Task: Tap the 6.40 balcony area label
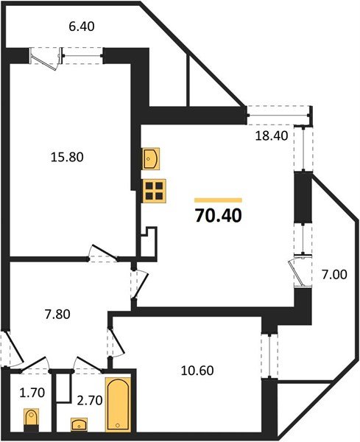click(82, 27)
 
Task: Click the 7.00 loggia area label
click(334, 276)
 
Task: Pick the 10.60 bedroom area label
click(195, 371)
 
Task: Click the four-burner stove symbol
click(154, 191)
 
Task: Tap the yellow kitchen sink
click(152, 158)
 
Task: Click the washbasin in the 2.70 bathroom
click(80, 424)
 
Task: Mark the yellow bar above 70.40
click(217, 200)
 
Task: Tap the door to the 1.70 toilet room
click(33, 362)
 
